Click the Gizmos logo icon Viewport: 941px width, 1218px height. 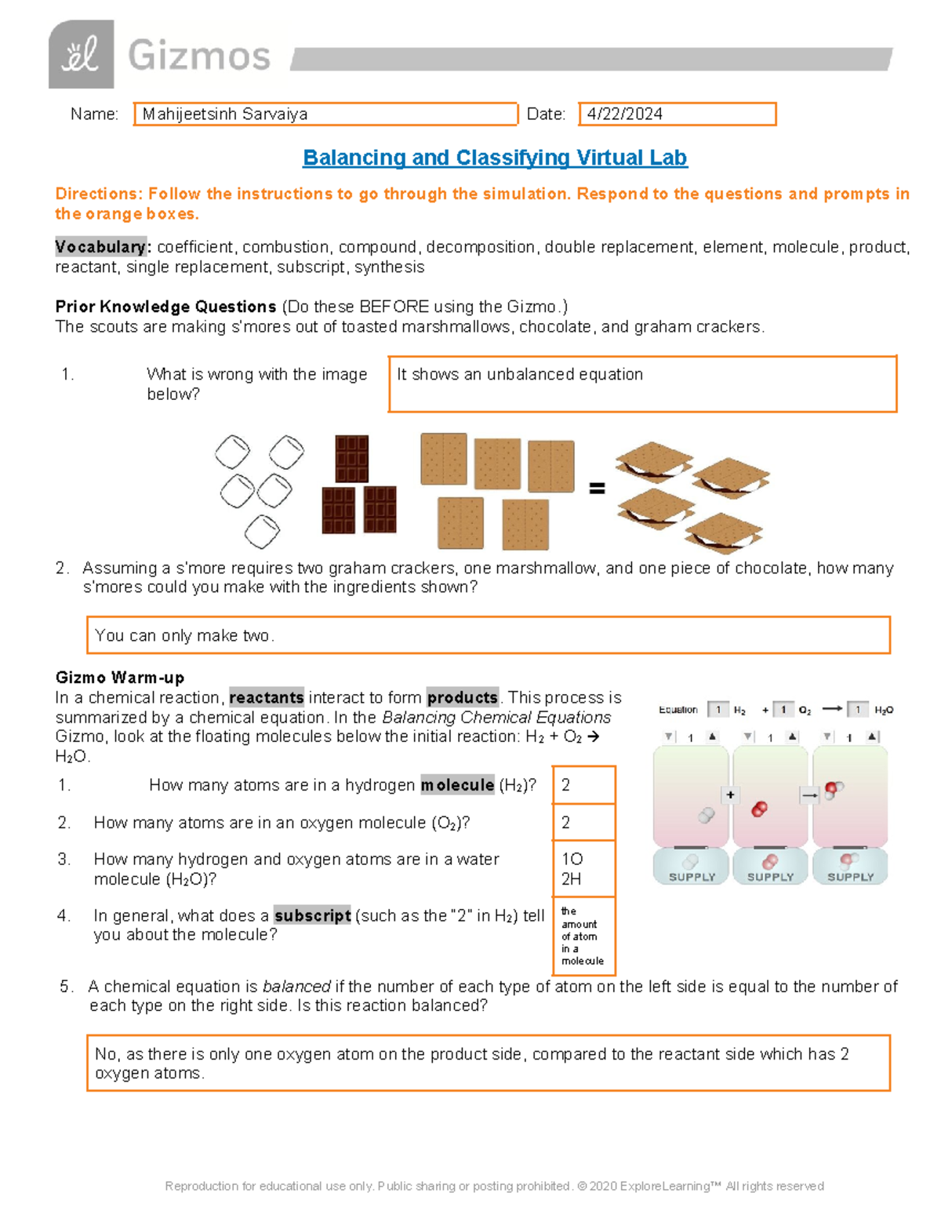[81, 55]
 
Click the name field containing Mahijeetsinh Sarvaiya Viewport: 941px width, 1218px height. [325, 115]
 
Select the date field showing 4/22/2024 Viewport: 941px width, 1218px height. [677, 115]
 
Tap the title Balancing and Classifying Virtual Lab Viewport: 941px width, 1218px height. [495, 158]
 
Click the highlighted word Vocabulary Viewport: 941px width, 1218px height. [100, 247]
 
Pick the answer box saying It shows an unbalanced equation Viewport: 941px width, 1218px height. [642, 384]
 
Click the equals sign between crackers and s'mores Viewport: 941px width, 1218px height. [597, 489]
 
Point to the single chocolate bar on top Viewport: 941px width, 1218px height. [351, 458]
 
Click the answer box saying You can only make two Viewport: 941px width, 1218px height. [488, 635]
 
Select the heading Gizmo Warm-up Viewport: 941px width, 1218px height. [120, 678]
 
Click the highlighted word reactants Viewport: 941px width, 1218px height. [266, 697]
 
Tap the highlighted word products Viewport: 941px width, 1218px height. [463, 697]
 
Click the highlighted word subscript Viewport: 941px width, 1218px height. [312, 915]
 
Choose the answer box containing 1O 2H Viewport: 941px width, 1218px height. [583, 869]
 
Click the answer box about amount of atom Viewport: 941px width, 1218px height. [583, 936]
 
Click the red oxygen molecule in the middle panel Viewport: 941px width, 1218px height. [759, 809]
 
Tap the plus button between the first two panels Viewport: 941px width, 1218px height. [730, 795]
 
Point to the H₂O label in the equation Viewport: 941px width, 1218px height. [883, 711]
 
